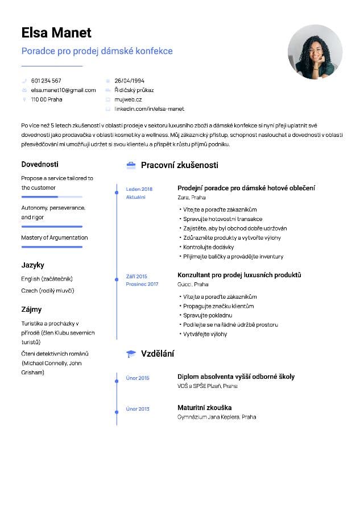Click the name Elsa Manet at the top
56,32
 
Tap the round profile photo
315,52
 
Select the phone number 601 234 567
46,81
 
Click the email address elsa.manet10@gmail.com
63,90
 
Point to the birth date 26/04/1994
129,81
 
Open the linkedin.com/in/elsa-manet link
149,108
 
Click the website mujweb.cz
128,99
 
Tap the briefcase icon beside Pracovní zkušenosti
131,165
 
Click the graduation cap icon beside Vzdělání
131,353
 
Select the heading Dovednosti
40,164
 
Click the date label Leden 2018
139,189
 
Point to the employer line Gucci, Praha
193,284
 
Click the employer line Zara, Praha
192,198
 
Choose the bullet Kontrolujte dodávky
208,247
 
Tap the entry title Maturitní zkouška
204,407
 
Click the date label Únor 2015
138,378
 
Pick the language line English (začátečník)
47,279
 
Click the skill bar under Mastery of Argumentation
52,247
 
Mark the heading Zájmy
32,309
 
